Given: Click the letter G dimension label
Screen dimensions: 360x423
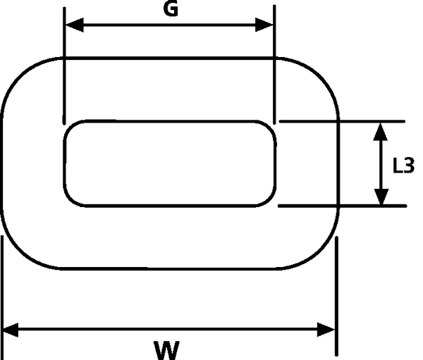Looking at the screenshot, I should pyautogui.click(x=169, y=9).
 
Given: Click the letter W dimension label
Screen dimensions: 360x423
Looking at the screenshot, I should pyautogui.click(x=167, y=348).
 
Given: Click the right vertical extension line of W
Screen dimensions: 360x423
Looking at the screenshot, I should pyautogui.click(x=336, y=296).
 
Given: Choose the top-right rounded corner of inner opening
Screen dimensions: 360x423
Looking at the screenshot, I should pyautogui.click(x=269, y=128).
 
